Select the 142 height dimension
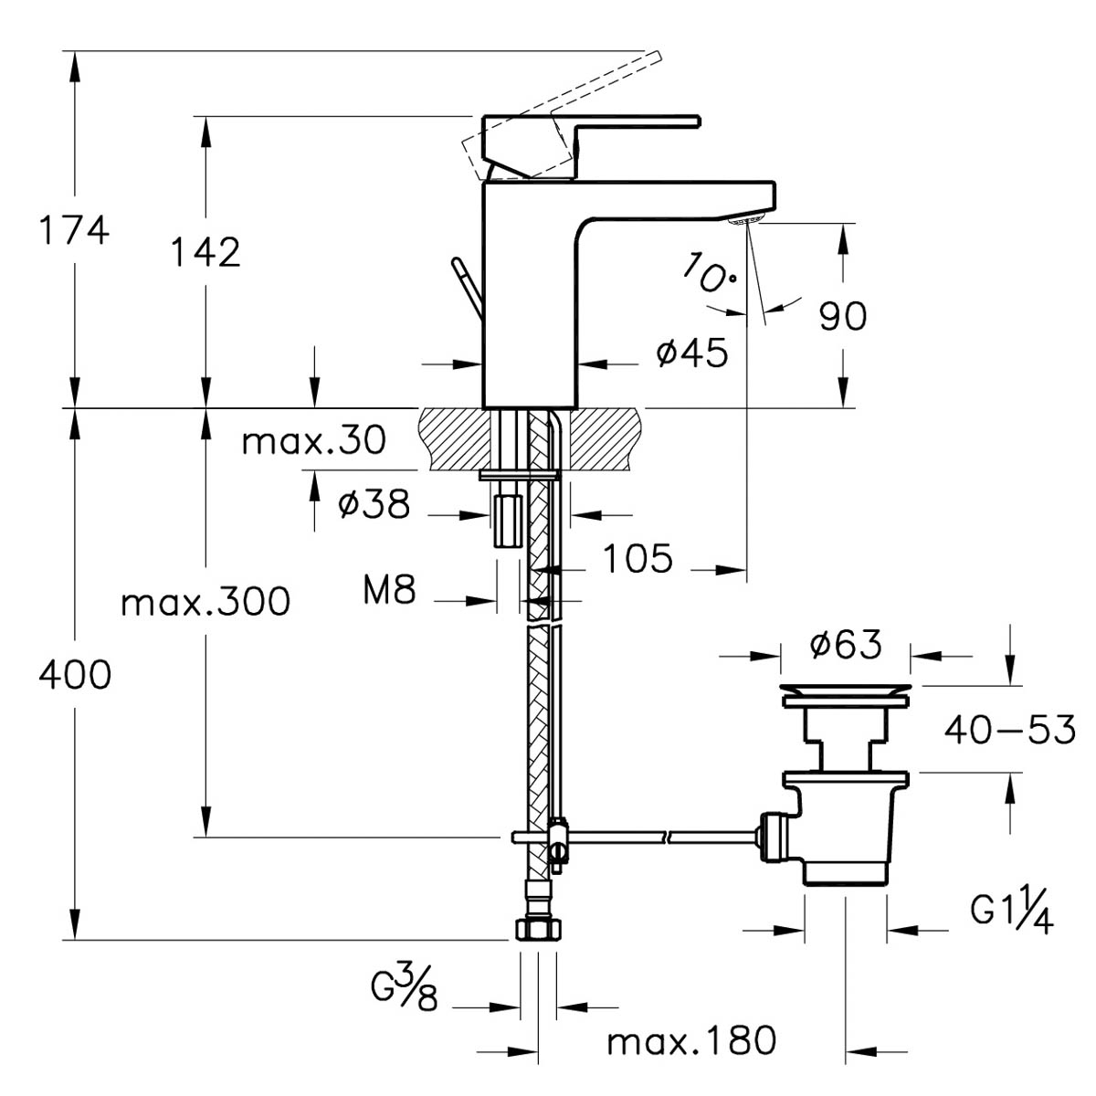(x=206, y=251)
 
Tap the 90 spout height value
(x=842, y=316)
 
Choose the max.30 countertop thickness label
(x=314, y=441)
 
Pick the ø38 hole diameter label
(x=374, y=503)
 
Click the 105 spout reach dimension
(x=638, y=558)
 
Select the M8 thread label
(x=389, y=591)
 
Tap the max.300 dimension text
(x=206, y=602)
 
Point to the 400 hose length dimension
(x=74, y=675)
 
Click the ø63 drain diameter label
(x=846, y=645)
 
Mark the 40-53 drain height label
(x=1009, y=730)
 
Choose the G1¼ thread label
(x=1011, y=912)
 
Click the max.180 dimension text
(x=691, y=1039)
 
